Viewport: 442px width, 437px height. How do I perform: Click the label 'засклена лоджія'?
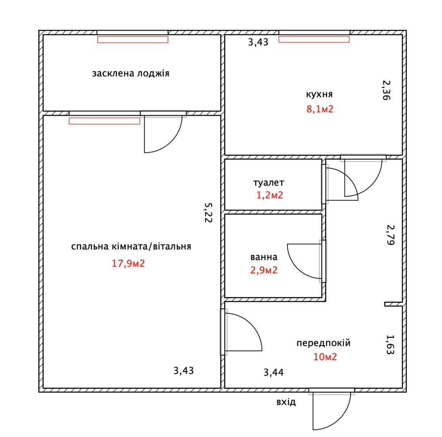click(x=131, y=74)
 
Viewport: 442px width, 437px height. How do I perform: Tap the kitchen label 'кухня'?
click(x=319, y=94)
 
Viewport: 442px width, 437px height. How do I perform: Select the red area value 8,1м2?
click(x=320, y=109)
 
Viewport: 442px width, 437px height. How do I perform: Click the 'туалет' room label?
click(x=269, y=183)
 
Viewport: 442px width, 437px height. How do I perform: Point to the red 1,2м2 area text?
click(x=269, y=195)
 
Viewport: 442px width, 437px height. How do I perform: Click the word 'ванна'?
click(x=264, y=257)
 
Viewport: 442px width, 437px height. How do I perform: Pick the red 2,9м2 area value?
click(x=264, y=270)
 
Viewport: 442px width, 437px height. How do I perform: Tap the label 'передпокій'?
click(x=323, y=343)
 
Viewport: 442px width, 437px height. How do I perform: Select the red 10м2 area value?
click(x=325, y=357)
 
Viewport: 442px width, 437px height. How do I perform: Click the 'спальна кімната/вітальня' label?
click(x=131, y=246)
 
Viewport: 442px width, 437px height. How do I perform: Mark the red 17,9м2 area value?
click(x=128, y=263)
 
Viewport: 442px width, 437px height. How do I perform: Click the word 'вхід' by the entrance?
click(x=286, y=402)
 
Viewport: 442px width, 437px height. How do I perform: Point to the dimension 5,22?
click(x=208, y=213)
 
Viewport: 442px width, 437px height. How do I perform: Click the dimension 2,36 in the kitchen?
click(x=386, y=90)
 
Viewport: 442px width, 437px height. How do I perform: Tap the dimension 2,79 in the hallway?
click(x=390, y=235)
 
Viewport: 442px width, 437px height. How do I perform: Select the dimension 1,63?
click(x=390, y=344)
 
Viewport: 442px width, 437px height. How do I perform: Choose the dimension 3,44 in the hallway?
click(x=274, y=372)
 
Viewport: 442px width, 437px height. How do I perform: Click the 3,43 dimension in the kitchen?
click(x=258, y=42)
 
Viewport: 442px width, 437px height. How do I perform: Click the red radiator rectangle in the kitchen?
click(x=314, y=39)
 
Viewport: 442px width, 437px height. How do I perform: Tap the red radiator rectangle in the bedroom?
click(x=104, y=121)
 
